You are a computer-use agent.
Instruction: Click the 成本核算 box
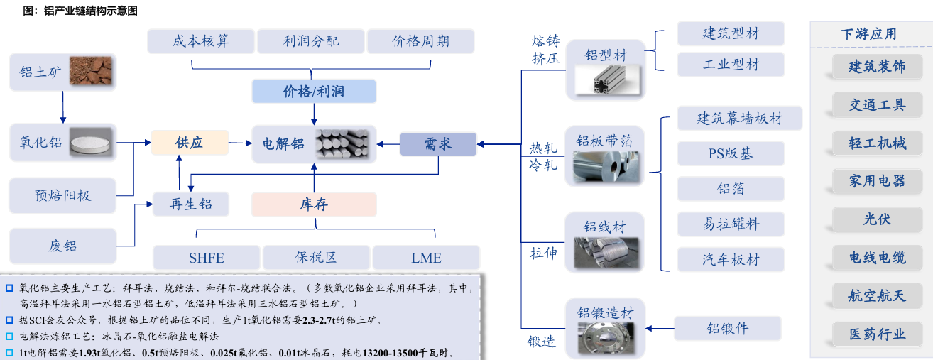pyautogui.click(x=201, y=41)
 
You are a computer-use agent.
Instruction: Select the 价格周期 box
pyautogui.click(x=420, y=41)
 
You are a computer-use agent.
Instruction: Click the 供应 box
pyautogui.click(x=190, y=143)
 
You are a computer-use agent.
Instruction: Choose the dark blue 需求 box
pyautogui.click(x=438, y=144)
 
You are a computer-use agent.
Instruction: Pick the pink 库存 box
pyautogui.click(x=313, y=204)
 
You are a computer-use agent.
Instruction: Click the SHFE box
pyautogui.click(x=207, y=258)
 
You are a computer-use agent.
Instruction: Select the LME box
pyautogui.click(x=426, y=258)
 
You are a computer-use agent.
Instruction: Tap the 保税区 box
pyautogui.click(x=316, y=258)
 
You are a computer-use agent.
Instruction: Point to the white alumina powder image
pyautogui.click(x=91, y=143)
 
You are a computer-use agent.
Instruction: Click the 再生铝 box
pyautogui.click(x=191, y=204)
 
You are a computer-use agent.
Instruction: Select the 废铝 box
pyautogui.click(x=62, y=246)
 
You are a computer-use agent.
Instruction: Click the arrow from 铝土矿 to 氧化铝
pyautogui.click(x=62, y=107)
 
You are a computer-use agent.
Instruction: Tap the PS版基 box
pyautogui.click(x=731, y=153)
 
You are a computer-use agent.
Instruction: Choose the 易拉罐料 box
pyautogui.click(x=731, y=224)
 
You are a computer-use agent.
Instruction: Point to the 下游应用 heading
pyautogui.click(x=868, y=34)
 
